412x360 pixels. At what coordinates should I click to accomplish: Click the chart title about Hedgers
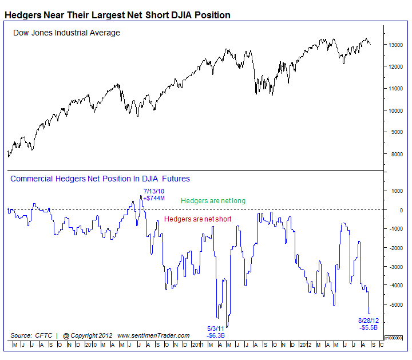pos(117,15)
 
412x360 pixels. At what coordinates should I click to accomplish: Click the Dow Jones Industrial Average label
pos(66,33)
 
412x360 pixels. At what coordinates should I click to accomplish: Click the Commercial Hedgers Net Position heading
pos(100,179)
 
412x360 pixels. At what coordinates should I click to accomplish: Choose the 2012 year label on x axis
pos(305,345)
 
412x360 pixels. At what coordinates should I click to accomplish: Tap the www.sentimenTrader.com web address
pos(153,335)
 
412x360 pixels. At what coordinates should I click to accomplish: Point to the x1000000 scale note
pos(394,338)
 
